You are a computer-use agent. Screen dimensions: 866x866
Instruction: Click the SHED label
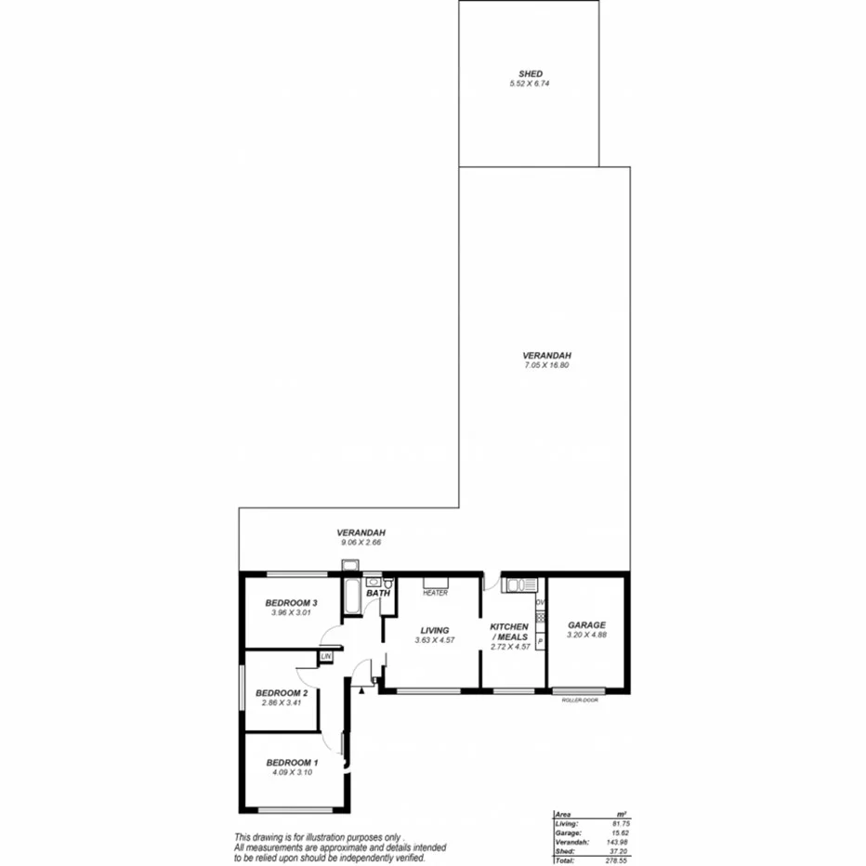(x=531, y=73)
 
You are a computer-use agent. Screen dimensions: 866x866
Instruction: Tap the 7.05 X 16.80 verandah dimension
(x=545, y=366)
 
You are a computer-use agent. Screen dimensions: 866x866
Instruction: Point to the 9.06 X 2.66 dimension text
(x=360, y=542)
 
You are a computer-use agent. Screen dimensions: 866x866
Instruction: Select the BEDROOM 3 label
(x=292, y=603)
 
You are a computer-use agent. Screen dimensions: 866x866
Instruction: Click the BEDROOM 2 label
(x=281, y=693)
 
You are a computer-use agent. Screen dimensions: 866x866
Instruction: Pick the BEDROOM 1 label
(x=292, y=762)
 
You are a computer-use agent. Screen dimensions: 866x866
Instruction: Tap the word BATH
(x=377, y=593)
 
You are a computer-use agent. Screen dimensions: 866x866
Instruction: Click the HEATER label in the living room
(x=435, y=593)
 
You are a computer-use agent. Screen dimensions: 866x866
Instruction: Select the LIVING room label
(x=434, y=630)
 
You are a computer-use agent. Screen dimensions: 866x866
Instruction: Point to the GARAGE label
(x=586, y=625)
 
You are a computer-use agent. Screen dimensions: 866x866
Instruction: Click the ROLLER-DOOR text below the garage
(x=580, y=700)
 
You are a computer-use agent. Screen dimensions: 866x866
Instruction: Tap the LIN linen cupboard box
(x=325, y=657)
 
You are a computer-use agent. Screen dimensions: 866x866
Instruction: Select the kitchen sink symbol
(x=518, y=584)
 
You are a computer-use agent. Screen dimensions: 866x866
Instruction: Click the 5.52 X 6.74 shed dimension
(x=531, y=84)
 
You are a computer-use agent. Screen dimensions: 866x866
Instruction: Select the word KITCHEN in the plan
(x=509, y=627)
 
